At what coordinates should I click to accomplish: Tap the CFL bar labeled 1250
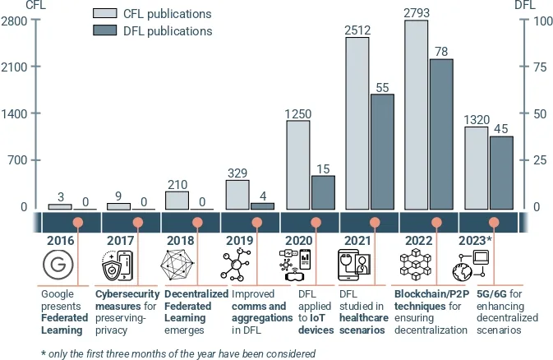(297, 164)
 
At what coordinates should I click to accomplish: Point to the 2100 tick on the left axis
(15, 67)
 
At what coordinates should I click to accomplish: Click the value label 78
(441, 52)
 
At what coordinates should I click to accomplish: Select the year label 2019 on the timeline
(240, 240)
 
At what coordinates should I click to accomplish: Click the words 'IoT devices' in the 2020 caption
(316, 323)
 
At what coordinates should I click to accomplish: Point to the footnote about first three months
(178, 353)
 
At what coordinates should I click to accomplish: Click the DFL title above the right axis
(524, 5)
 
